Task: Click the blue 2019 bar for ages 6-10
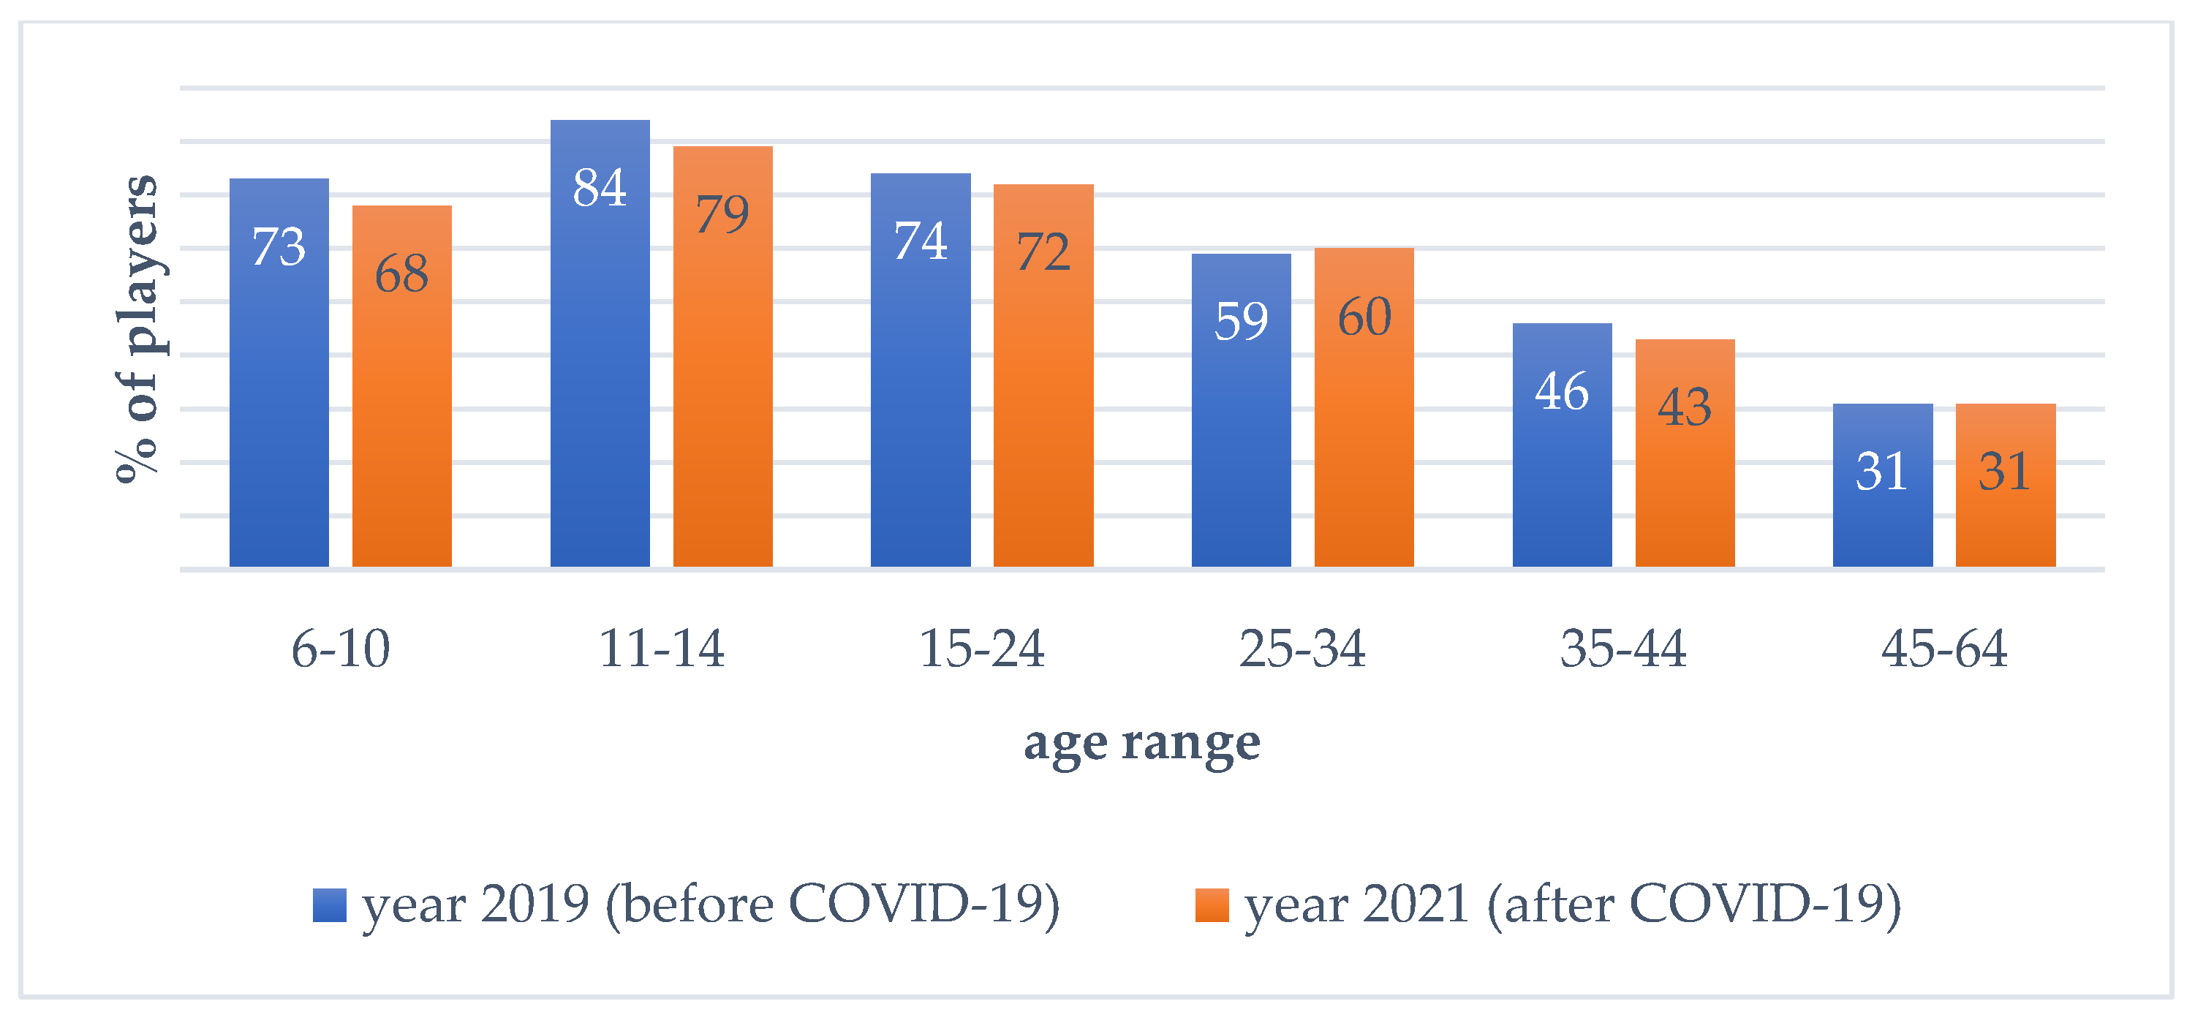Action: (x=279, y=372)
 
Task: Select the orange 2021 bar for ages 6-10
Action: (x=402, y=386)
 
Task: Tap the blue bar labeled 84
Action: (x=600, y=344)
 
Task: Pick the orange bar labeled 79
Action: (x=723, y=356)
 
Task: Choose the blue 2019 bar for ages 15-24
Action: (x=921, y=370)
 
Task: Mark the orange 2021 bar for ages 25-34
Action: (x=1364, y=407)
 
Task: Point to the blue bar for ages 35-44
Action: (x=1563, y=445)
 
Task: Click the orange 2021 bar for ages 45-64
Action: (x=2006, y=485)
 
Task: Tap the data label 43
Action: (x=1685, y=407)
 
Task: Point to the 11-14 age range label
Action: (x=662, y=649)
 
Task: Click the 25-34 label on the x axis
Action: (x=1303, y=649)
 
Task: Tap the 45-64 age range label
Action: (x=1944, y=649)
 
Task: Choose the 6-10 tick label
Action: (x=341, y=649)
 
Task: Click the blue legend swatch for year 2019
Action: (x=330, y=905)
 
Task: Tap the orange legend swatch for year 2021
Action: (x=1212, y=905)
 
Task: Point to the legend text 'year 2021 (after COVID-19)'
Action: (x=1573, y=905)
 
